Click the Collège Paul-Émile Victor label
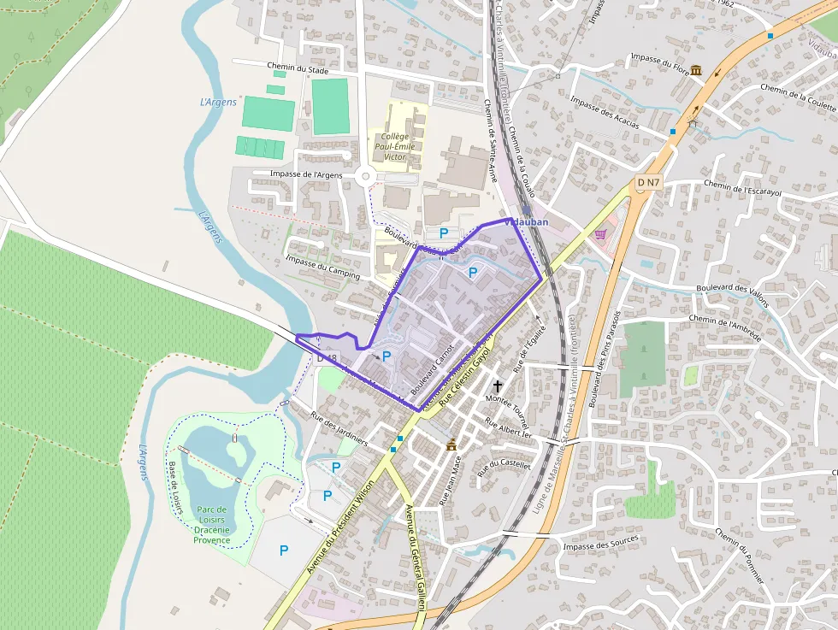395,146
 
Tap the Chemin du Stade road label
298,69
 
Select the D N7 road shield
648,182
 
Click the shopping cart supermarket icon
601,233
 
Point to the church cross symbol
498,386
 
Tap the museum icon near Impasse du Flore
696,69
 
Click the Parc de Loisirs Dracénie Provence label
211,524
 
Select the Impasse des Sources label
600,545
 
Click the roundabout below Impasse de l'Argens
368,177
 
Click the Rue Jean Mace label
450,482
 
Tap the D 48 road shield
328,358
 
